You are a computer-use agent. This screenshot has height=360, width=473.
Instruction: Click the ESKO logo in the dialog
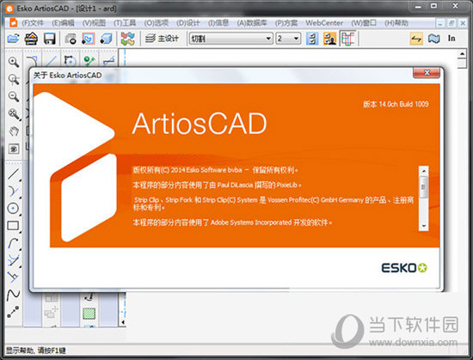[x=403, y=265]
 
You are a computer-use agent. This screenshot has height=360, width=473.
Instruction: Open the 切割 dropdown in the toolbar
[x=228, y=39]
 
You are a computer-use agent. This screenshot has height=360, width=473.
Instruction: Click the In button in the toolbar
[x=451, y=39]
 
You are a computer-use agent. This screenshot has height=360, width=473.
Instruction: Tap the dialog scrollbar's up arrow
[x=422, y=171]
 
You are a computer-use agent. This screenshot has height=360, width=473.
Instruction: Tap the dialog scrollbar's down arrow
[x=422, y=224]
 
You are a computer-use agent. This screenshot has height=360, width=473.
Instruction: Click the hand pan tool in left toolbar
[x=14, y=131]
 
